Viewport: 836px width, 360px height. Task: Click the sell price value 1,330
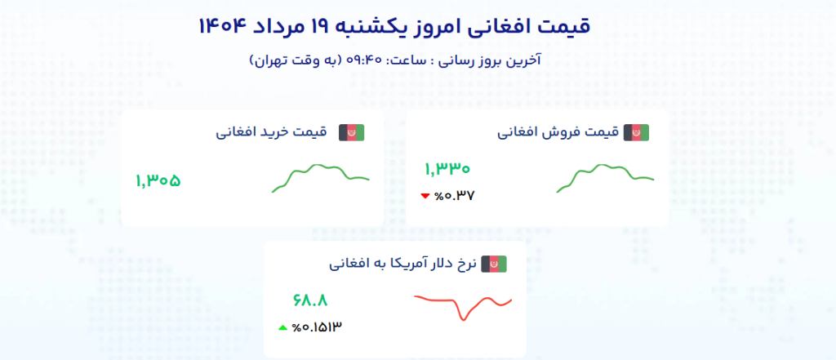[447, 169]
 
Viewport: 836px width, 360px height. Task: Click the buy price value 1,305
[158, 180]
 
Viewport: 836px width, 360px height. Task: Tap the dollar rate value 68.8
[310, 300]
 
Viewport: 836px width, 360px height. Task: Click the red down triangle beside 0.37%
[425, 196]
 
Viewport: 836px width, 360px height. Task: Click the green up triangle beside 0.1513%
[283, 327]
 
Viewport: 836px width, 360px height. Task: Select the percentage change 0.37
[454, 196]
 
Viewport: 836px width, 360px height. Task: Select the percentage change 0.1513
[317, 327]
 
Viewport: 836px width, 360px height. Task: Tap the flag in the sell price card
[636, 133]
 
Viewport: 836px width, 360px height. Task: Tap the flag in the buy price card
[351, 133]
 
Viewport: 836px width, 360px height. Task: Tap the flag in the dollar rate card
[494, 264]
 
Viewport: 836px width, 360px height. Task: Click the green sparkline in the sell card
[605, 178]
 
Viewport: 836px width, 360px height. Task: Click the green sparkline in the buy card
[320, 178]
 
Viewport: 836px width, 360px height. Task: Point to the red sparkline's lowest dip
[464, 320]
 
